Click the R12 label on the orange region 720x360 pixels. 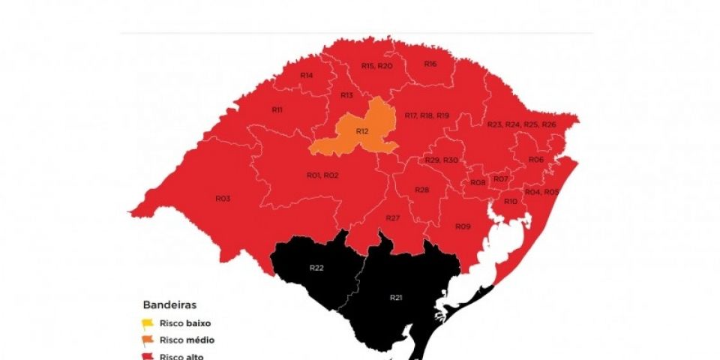point(362,131)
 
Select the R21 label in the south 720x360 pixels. point(396,298)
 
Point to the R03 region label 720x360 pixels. point(222,199)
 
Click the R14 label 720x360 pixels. point(306,76)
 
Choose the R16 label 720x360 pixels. point(430,64)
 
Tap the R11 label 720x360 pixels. point(277,110)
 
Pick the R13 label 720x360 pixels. point(346,95)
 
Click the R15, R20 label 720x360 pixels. point(376,66)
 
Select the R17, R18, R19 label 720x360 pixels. point(426,115)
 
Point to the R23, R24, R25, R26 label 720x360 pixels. point(521,124)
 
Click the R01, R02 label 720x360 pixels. point(322,175)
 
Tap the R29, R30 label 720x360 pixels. point(441,160)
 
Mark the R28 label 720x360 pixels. point(421,190)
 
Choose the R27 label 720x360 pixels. point(392,217)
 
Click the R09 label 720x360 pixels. point(462,226)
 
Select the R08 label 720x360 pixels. point(478,183)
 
